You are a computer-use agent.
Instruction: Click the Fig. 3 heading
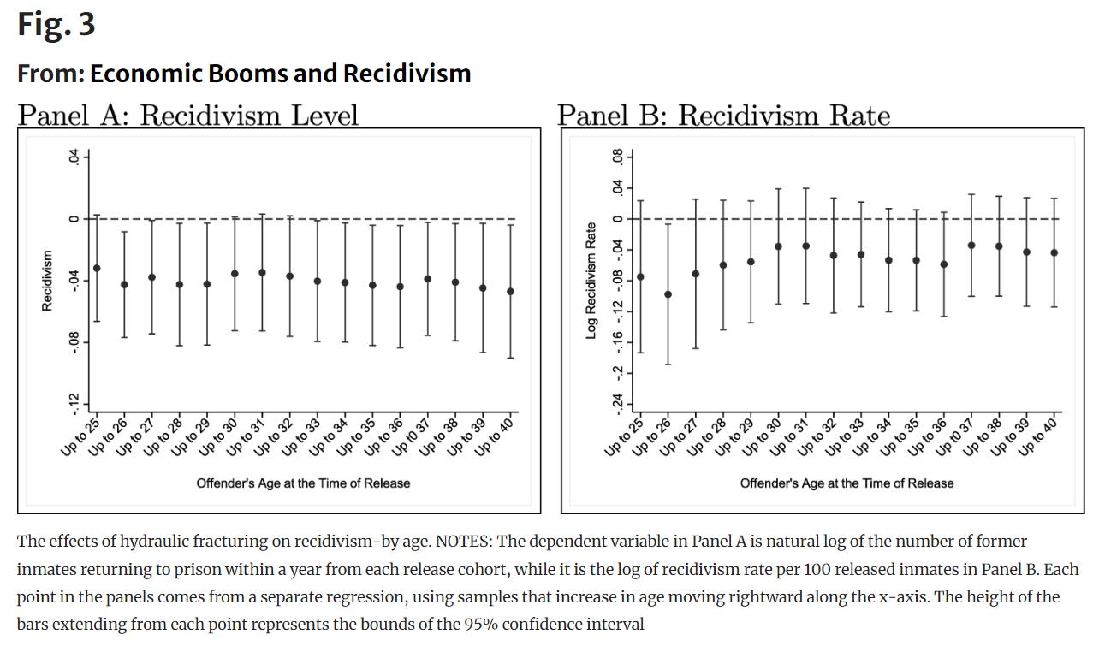[56, 24]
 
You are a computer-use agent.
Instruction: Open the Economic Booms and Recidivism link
[280, 74]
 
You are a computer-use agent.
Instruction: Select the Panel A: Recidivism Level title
[188, 115]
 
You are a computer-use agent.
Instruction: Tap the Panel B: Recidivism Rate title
[724, 115]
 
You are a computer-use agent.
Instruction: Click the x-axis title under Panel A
[303, 483]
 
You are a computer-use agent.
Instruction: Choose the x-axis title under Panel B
[847, 483]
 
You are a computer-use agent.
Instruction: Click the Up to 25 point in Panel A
[97, 268]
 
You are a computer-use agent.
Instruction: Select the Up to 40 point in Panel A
[511, 292]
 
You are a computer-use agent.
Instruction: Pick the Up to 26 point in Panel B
[668, 294]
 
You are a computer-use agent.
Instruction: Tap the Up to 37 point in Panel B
[971, 246]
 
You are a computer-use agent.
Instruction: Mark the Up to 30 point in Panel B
[778, 246]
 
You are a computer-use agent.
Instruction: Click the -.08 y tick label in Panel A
[74, 342]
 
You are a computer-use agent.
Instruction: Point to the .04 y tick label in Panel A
[74, 157]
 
